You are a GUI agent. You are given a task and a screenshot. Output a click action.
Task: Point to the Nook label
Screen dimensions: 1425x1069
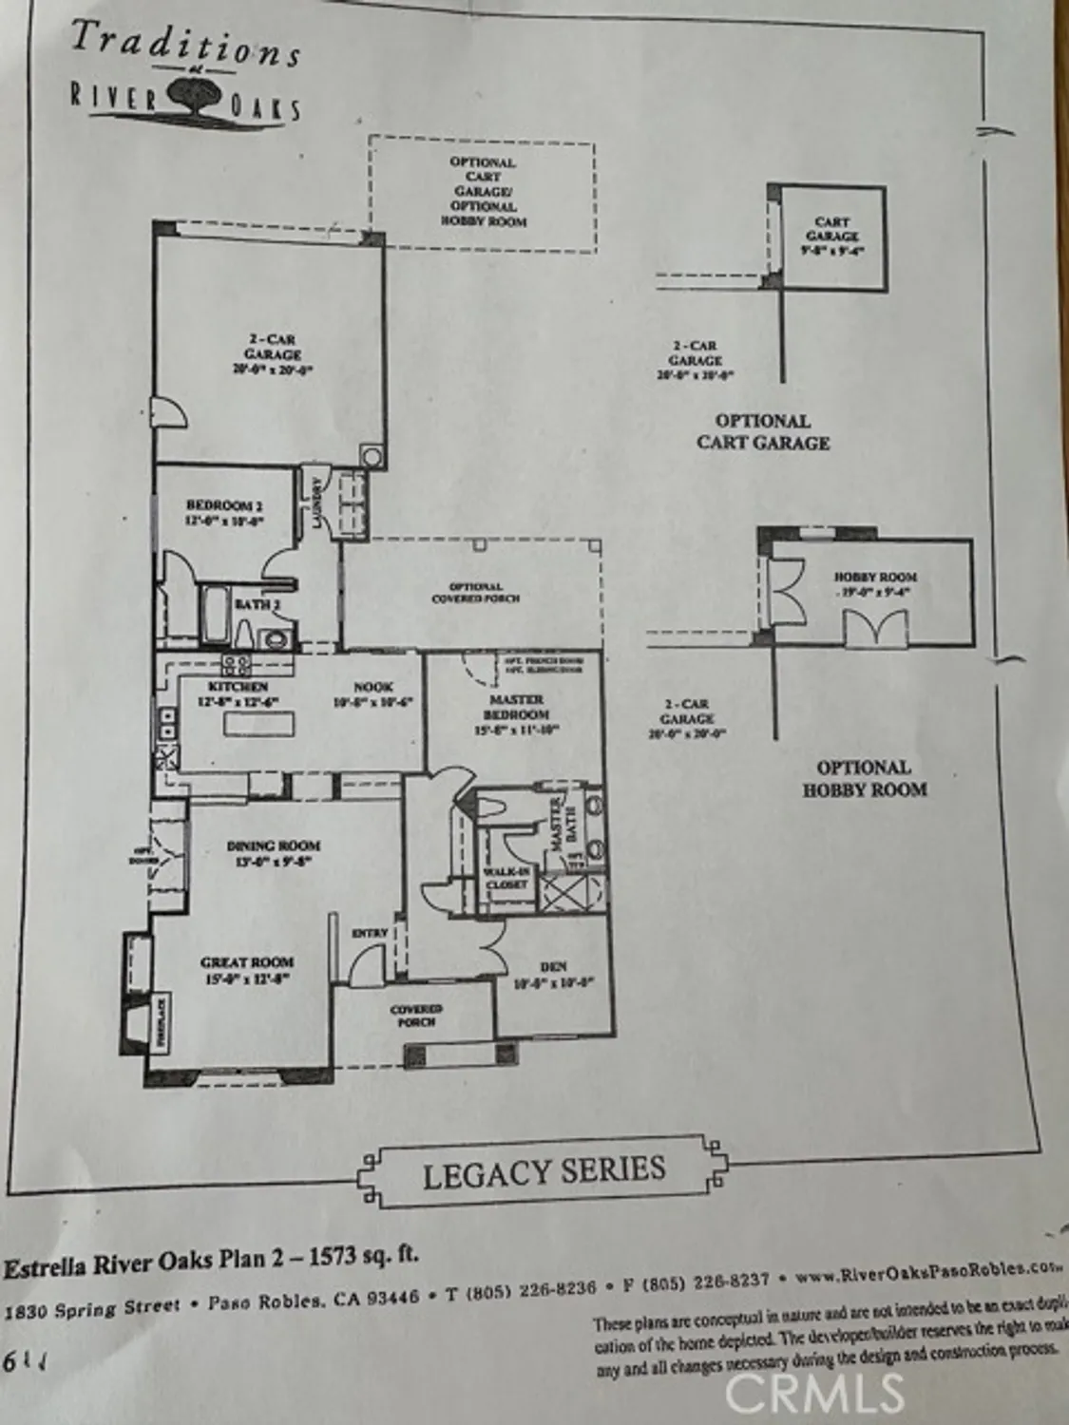coord(373,686)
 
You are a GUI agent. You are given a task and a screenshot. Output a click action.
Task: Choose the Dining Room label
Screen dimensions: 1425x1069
coord(273,845)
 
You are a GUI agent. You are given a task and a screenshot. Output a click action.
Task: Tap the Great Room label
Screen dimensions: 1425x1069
coord(247,961)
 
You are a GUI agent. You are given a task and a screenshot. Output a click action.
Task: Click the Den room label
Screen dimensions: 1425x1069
coord(553,967)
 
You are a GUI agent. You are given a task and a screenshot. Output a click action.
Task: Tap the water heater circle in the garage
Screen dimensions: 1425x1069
coord(372,457)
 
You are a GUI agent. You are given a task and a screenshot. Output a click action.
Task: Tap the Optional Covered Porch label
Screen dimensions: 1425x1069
coord(475,593)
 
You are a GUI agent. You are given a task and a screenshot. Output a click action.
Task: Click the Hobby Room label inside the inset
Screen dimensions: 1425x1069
coord(875,577)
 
